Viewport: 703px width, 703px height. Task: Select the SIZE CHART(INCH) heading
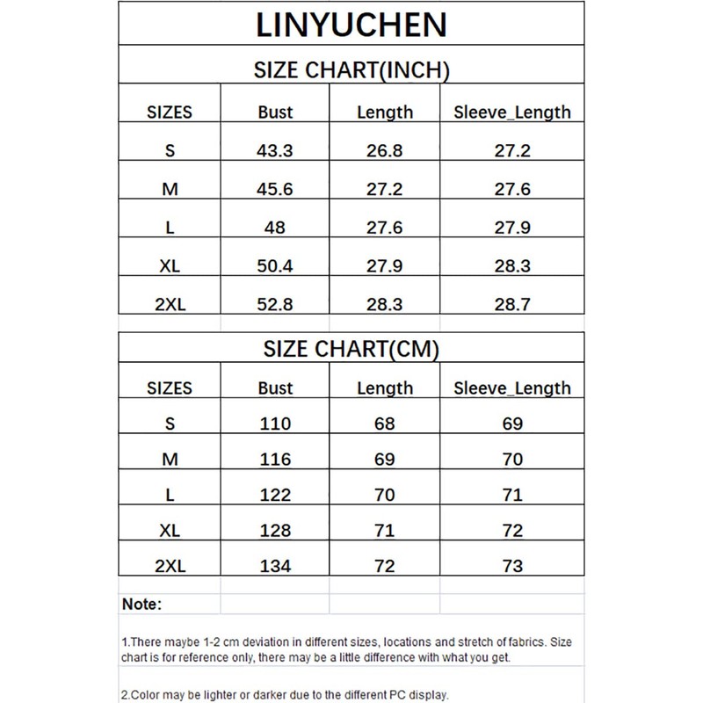coord(351,70)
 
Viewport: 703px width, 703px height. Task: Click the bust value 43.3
coord(276,150)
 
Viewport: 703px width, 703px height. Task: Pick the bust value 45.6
coord(276,190)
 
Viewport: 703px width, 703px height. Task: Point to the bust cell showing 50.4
coord(276,266)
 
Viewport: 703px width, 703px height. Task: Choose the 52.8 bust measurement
coord(276,305)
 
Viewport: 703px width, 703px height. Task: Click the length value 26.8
coord(384,150)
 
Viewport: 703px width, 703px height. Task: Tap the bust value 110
coord(276,424)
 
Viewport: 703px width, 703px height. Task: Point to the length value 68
coord(384,424)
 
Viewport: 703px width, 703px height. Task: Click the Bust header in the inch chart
coord(276,112)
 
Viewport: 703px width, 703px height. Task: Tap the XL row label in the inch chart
coord(170,266)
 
